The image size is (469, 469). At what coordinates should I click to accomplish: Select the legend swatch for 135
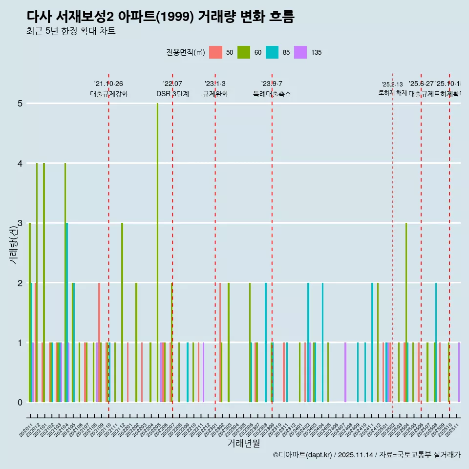(300, 53)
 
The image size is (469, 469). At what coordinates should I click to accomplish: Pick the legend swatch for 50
(215, 53)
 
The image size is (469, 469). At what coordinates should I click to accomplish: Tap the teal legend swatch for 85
(272, 53)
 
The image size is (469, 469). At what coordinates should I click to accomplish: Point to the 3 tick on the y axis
(20, 223)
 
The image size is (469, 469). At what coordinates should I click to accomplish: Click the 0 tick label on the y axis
(20, 403)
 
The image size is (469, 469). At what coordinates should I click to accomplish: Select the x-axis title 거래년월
(243, 443)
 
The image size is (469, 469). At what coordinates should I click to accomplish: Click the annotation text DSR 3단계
(172, 94)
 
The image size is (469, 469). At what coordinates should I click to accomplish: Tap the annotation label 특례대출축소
(272, 94)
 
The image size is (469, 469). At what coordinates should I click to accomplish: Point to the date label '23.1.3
(215, 84)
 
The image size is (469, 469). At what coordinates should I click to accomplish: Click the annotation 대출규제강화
(108, 94)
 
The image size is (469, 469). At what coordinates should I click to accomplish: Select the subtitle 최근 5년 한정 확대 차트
(71, 31)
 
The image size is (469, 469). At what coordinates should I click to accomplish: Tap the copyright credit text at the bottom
(366, 455)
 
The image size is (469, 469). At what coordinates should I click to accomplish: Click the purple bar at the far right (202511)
(459, 372)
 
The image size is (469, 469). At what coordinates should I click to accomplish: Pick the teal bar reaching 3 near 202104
(67, 313)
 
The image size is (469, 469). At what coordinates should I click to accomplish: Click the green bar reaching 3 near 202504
(406, 313)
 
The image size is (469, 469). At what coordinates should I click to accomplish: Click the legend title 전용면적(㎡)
(185, 53)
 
